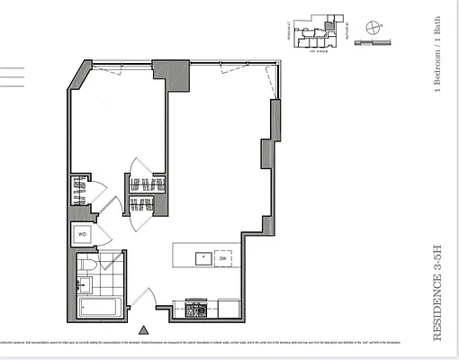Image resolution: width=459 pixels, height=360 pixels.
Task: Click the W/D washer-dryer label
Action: point(82,234)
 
